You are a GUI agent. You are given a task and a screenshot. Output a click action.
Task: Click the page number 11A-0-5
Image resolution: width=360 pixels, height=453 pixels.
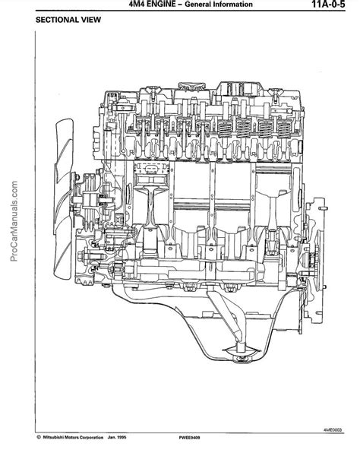click(328, 5)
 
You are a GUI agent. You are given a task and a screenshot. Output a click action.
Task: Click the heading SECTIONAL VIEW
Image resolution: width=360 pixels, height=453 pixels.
click(68, 20)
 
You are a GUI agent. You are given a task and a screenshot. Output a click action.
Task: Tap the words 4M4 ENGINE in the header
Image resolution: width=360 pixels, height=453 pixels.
click(152, 4)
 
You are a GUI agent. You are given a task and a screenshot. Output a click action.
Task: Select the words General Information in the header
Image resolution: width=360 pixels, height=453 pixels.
click(219, 5)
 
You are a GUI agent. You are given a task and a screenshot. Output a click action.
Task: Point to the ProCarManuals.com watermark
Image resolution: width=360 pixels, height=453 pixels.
click(14, 221)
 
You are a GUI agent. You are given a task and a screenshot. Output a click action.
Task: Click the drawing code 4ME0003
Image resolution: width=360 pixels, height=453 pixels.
click(333, 430)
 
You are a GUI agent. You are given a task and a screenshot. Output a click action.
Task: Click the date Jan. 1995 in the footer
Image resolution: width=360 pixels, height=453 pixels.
click(117, 437)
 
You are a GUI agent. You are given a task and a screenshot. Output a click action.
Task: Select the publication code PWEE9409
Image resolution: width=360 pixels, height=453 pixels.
click(189, 438)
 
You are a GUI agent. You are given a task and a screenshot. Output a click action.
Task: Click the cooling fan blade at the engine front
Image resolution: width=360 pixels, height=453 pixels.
click(63, 199)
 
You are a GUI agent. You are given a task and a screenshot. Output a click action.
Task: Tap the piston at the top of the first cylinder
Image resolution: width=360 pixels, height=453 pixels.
click(151, 176)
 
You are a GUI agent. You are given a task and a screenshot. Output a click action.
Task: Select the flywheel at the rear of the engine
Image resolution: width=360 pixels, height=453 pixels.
click(315, 259)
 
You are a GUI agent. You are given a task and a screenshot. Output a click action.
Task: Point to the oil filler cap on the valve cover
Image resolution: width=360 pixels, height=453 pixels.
click(192, 85)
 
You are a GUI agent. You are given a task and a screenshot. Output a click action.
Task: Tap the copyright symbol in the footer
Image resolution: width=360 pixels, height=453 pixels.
click(39, 437)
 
